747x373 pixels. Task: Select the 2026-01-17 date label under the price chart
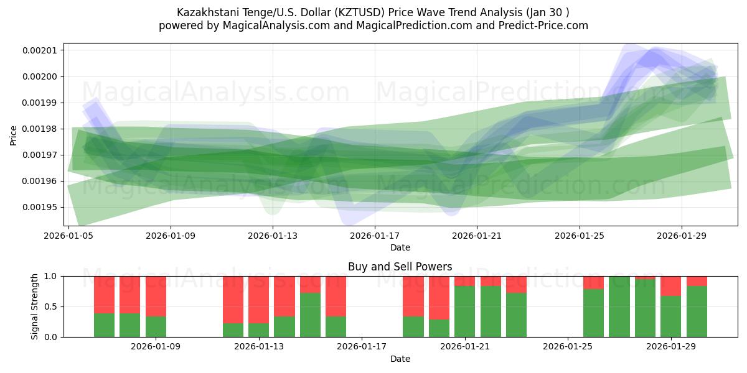[x=375, y=236]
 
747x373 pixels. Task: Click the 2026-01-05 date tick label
[x=68, y=236]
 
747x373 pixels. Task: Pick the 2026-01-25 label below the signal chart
[x=568, y=346]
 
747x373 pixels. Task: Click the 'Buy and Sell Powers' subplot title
[x=400, y=267]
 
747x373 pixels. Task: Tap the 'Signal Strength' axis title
[x=35, y=306]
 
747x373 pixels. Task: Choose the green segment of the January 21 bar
[x=464, y=311]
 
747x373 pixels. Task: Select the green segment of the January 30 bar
[x=697, y=311]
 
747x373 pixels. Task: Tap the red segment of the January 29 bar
[x=671, y=285]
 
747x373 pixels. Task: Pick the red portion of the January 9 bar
[x=156, y=296]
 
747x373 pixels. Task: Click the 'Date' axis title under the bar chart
[x=400, y=359]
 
